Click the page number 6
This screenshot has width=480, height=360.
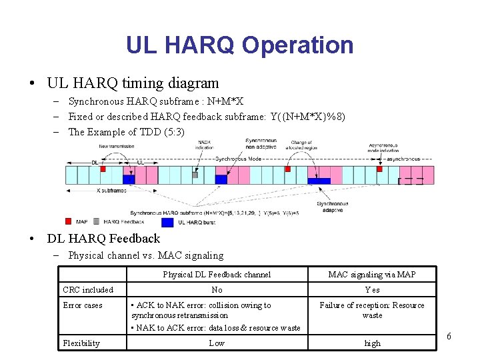tap(449, 336)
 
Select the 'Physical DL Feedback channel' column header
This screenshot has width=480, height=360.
tap(217, 274)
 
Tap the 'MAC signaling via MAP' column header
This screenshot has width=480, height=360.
tap(372, 274)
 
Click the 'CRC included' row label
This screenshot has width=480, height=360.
tap(88, 290)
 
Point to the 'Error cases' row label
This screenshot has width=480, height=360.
tap(83, 305)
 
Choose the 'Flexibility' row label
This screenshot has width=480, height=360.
tap(81, 343)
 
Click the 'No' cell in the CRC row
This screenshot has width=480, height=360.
tap(217, 290)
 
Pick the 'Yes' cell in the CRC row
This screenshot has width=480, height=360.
tap(372, 290)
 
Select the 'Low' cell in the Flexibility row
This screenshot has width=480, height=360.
tap(217, 343)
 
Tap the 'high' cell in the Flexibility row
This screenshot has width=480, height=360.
tap(372, 343)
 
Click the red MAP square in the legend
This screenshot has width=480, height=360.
tap(68, 221)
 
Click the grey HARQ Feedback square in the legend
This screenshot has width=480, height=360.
tap(97, 221)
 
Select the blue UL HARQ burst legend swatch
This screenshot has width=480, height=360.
tap(167, 222)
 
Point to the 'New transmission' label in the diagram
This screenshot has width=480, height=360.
tap(116, 146)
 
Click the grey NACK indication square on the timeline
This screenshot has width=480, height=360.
tap(195, 175)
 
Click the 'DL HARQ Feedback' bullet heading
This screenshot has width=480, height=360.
tap(103, 238)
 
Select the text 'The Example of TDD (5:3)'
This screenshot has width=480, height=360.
tap(126, 131)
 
